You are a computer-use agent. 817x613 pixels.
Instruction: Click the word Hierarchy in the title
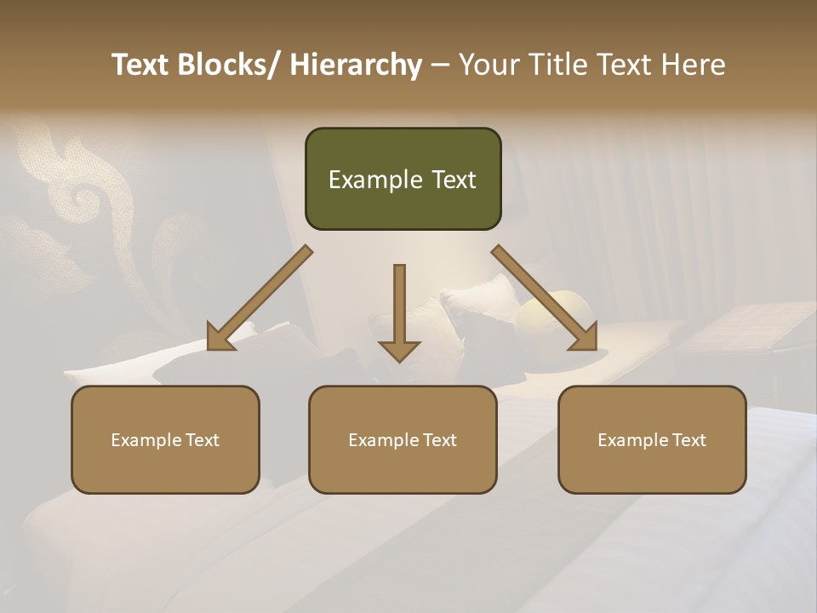tap(356, 65)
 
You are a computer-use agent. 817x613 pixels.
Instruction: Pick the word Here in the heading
tap(695, 65)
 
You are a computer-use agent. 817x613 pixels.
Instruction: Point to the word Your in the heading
tap(488, 65)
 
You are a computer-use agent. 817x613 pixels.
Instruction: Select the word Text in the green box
tap(453, 180)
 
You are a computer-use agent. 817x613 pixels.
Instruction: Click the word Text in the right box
tap(688, 440)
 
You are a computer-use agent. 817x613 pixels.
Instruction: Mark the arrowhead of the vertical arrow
tap(399, 349)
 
